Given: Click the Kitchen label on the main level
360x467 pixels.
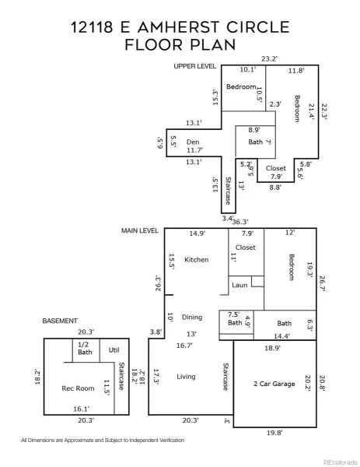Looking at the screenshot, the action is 197,260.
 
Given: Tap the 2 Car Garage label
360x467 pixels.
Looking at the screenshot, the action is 274,384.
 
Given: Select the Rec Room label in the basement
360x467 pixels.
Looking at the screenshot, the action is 78,388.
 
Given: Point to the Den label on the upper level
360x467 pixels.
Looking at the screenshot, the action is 193,142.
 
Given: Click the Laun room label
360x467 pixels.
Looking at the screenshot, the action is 239,285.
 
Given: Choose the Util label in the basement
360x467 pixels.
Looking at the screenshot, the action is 114,350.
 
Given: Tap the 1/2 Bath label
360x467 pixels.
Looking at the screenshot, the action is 85,348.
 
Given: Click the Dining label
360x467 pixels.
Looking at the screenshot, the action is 192,318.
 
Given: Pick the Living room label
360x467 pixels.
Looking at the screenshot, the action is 186,377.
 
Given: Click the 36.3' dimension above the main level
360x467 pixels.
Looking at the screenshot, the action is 240,222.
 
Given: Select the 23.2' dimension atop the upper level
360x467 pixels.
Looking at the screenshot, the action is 269,58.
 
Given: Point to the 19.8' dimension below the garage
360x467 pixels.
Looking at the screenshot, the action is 274,433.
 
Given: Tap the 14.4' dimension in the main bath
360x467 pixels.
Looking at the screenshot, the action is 281,336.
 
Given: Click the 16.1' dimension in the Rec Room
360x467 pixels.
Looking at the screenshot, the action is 81,409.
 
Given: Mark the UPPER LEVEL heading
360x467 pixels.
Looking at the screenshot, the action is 195,66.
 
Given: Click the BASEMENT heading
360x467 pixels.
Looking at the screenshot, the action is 60,321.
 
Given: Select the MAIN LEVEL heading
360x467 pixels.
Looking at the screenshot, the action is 139,230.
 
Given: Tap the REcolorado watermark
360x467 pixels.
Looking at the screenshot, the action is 340,462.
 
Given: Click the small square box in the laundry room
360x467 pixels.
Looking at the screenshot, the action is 257,282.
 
